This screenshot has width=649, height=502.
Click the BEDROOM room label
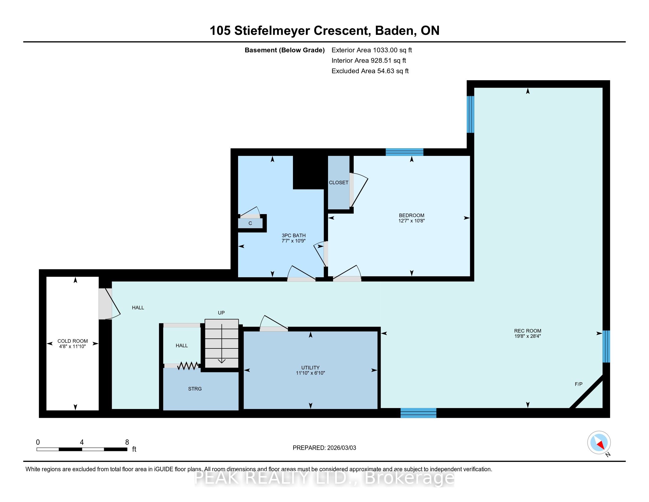click(411, 215)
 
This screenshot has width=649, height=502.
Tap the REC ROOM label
click(527, 331)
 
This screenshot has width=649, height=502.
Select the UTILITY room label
click(310, 368)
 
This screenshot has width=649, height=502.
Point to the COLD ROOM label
click(73, 341)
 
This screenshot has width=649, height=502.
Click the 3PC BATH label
click(294, 236)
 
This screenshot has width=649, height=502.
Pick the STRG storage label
click(195, 389)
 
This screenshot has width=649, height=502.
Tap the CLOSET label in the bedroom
click(338, 182)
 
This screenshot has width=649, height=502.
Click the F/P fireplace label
click(578, 384)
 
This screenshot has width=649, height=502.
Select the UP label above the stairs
click(221, 313)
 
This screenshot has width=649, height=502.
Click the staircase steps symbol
click(222, 344)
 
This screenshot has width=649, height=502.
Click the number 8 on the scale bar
click(127, 442)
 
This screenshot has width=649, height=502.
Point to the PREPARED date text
click(324, 448)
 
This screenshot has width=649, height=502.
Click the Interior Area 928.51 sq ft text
click(369, 61)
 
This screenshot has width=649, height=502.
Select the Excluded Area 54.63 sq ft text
click(370, 71)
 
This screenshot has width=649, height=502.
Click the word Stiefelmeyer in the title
click(302, 31)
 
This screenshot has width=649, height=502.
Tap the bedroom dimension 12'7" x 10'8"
click(411, 221)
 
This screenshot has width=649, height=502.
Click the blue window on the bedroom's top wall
click(404, 152)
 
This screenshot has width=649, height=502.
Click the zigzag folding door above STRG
click(188, 366)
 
